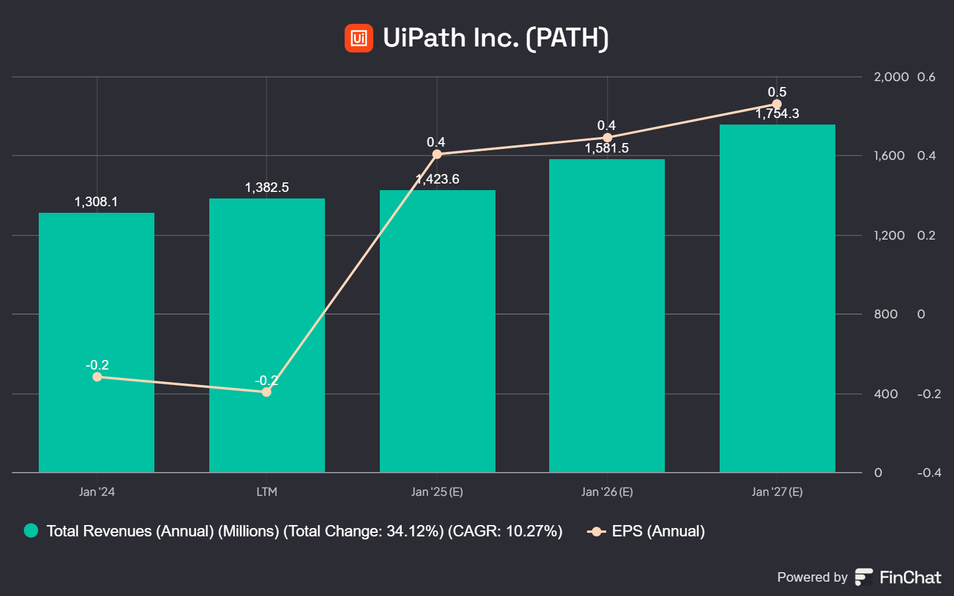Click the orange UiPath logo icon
pos(359,38)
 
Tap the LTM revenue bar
pos(267,298)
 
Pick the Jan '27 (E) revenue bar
pos(777,298)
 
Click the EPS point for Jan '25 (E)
pos(437,154)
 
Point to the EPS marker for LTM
pos(267,392)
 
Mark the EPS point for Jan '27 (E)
pos(777,104)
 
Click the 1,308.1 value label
pos(96,202)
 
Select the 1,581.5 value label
pos(606,148)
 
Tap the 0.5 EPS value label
pos(777,92)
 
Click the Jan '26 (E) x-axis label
pos(607,492)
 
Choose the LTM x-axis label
pos(267,492)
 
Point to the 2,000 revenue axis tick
pos(891,77)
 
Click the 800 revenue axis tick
pos(885,314)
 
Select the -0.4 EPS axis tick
pos(929,473)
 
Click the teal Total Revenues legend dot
pos(31,530)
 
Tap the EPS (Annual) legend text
pos(658,531)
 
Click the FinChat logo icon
pos(864,577)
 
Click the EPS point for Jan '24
pos(97,377)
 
